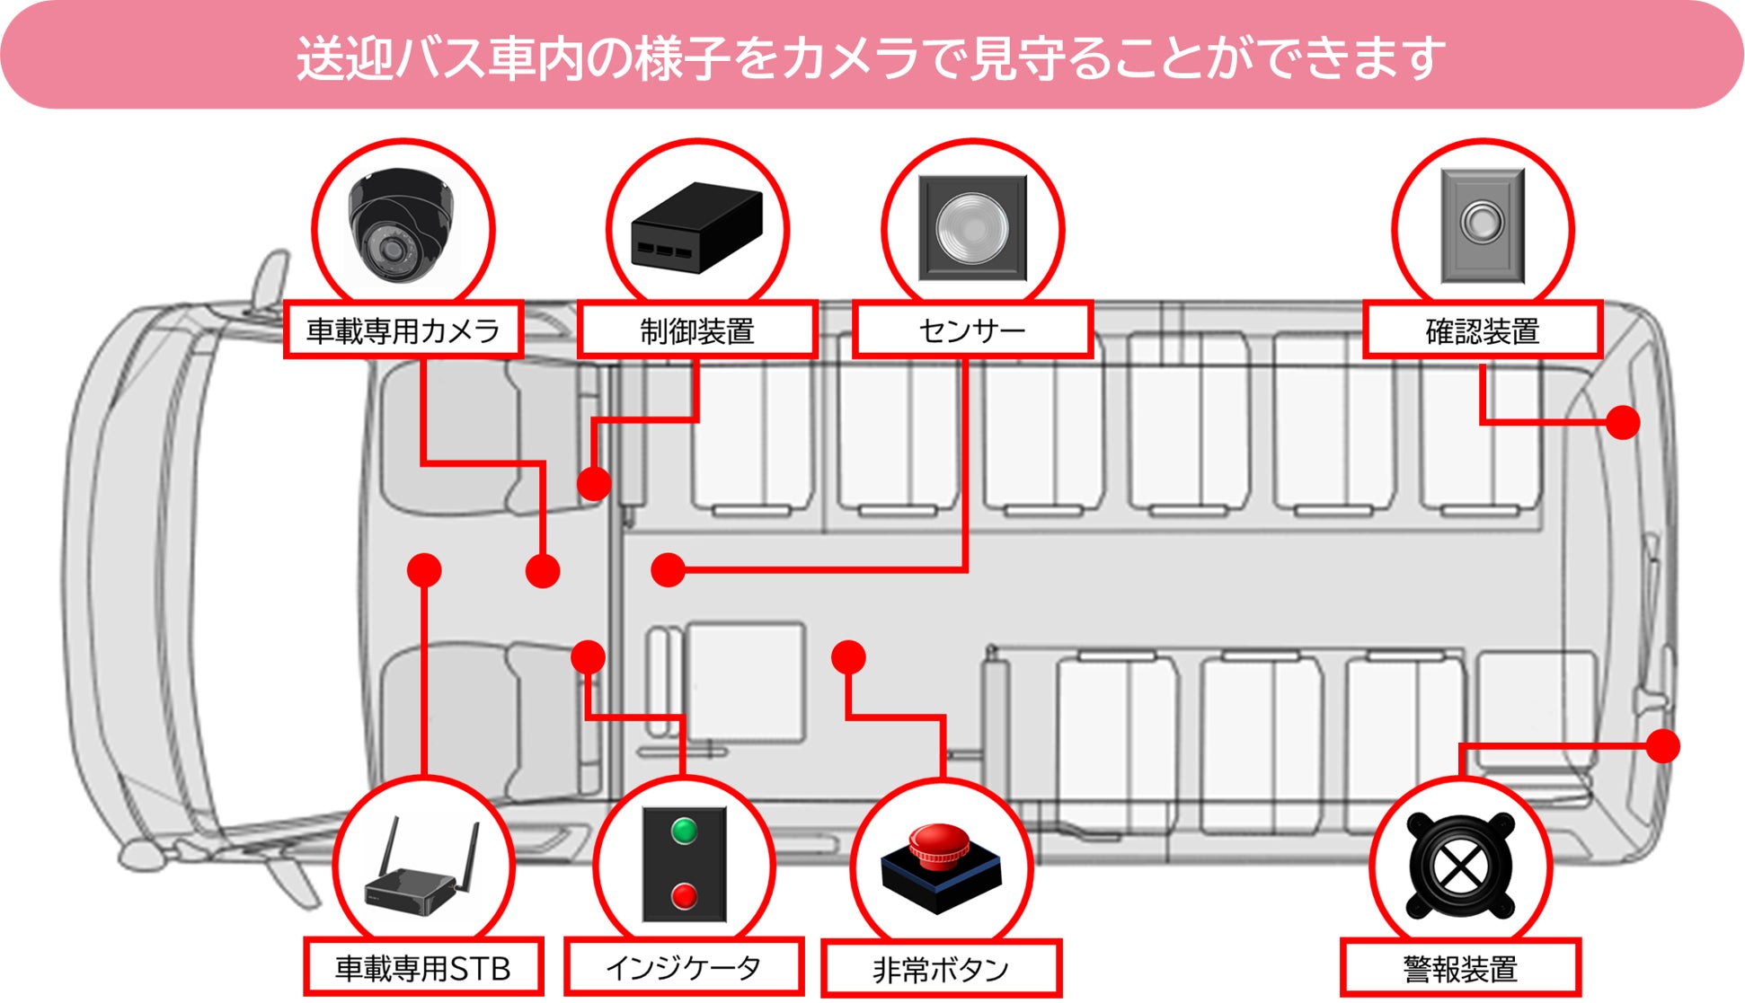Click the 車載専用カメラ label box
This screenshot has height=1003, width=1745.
(403, 330)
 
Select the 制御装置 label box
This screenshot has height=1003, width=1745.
(696, 330)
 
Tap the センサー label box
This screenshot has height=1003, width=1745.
(972, 330)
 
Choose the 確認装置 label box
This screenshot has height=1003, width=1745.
(1483, 330)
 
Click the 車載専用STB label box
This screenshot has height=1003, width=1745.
(422, 968)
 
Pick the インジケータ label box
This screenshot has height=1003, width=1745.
(683, 967)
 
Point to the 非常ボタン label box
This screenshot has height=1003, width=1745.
(941, 969)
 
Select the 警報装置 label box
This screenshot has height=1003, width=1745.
(1460, 969)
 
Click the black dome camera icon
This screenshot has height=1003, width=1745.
(401, 224)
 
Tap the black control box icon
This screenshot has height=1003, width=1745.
(696, 228)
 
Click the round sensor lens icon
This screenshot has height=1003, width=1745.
(972, 227)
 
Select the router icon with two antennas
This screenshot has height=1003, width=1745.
(422, 875)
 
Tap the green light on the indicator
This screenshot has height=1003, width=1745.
(684, 831)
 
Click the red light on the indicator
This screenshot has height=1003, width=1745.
(684, 895)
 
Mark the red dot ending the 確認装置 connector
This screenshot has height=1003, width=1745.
(1623, 422)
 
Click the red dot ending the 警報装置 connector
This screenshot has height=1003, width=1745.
(1663, 746)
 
